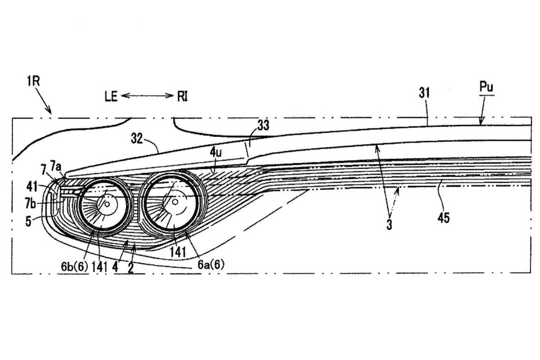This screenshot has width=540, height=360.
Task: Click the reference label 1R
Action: pyautogui.click(x=33, y=81)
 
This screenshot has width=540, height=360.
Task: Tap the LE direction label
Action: pyautogui.click(x=111, y=97)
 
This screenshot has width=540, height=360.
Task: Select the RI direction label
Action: pyautogui.click(x=183, y=97)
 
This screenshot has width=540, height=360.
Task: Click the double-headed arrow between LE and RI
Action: pyautogui.click(x=147, y=96)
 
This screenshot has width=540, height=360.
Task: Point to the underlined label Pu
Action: pyautogui.click(x=486, y=87)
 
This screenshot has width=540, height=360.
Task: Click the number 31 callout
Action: pyautogui.click(x=424, y=93)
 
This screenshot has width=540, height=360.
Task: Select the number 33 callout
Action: pyautogui.click(x=263, y=126)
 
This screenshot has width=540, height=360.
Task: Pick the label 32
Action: pyautogui.click(x=137, y=139)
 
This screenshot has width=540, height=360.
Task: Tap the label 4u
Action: pyautogui.click(x=216, y=153)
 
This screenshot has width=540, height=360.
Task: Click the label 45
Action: pyautogui.click(x=444, y=218)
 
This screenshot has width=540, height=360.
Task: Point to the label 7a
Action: pyautogui.click(x=56, y=167)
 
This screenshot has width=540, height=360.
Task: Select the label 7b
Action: pyautogui.click(x=30, y=203)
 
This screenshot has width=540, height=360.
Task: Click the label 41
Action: pyautogui.click(x=32, y=187)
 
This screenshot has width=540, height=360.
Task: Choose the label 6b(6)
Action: pyautogui.click(x=75, y=267)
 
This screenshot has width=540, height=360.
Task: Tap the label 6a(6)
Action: pyautogui.click(x=211, y=265)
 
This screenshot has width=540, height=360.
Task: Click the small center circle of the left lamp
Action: pyautogui.click(x=107, y=204)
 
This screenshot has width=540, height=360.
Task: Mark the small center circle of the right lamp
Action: pyautogui.click(x=175, y=201)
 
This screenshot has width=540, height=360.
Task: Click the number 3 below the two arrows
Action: pyautogui.click(x=389, y=225)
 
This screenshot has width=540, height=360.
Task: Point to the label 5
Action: pyautogui.click(x=28, y=221)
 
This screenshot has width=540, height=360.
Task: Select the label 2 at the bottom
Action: pyautogui.click(x=130, y=268)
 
